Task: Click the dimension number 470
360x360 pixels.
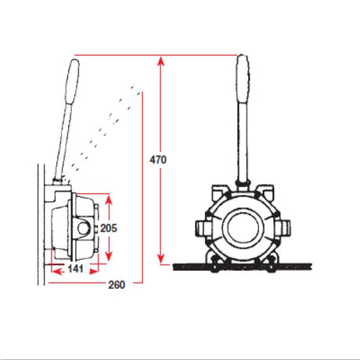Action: [x=158, y=159]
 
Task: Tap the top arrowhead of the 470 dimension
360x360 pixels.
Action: [x=160, y=59]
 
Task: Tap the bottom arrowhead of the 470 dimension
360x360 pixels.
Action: [x=160, y=261]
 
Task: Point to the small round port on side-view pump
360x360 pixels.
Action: [x=81, y=228]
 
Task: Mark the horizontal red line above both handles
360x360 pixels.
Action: [x=157, y=55]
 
